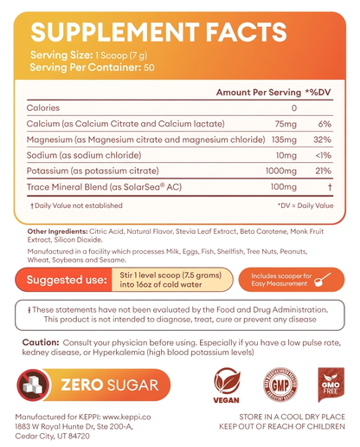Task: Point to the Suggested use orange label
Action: click(67, 280)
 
